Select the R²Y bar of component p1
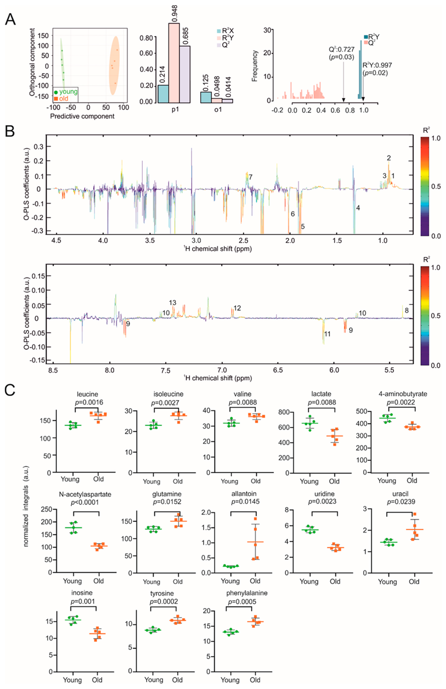174,63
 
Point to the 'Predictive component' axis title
82,116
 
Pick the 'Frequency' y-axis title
255,66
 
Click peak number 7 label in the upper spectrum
250,177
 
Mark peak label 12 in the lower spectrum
237,308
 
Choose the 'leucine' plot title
87,394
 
